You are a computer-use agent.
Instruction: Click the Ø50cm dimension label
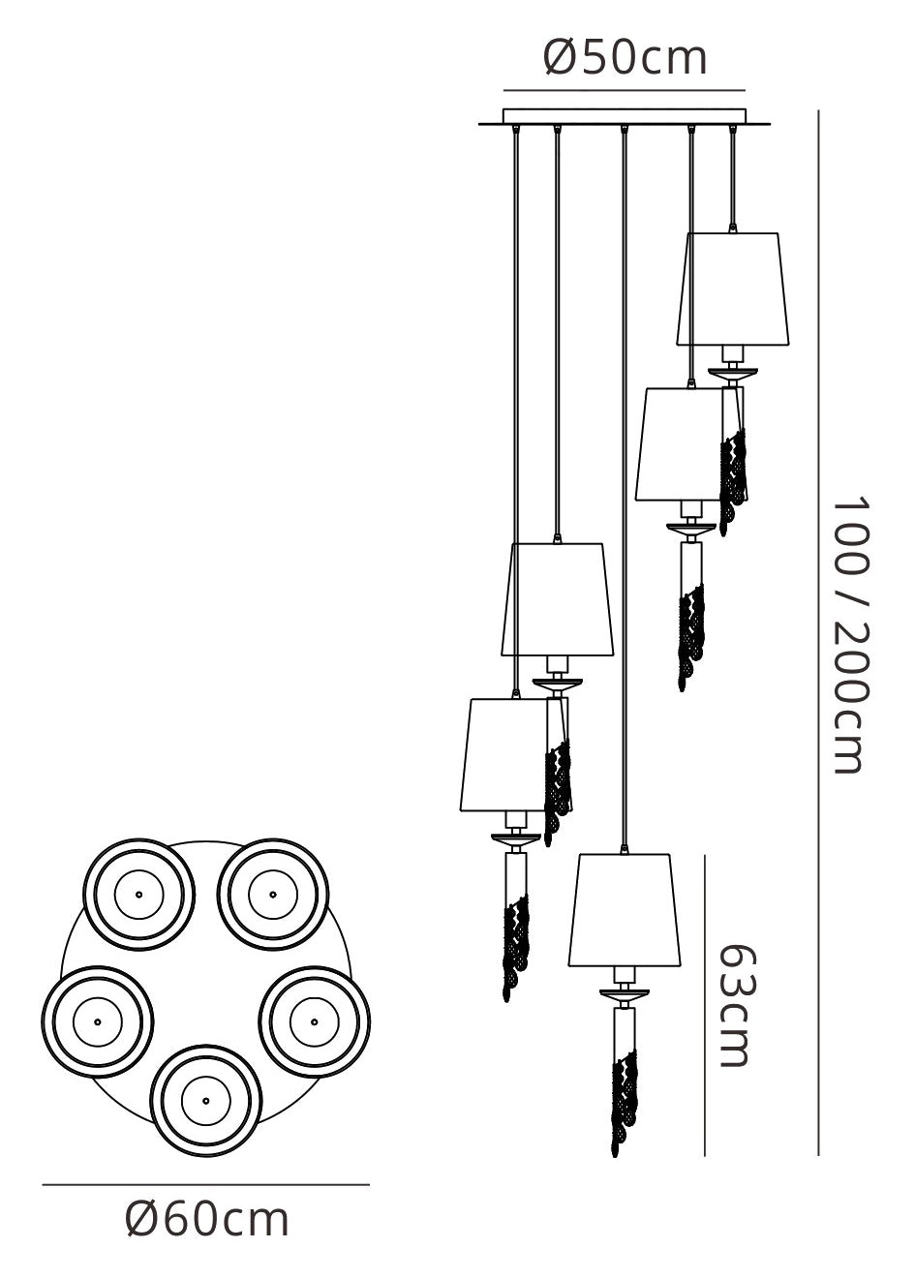pos(625,58)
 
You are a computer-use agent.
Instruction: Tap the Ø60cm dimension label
pos(207,1219)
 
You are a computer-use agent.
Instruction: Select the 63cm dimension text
pos(733,1004)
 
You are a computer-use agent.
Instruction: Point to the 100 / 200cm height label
pos(847,635)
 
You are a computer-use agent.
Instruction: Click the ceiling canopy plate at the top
pos(625,117)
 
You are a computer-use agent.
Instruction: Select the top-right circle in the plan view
pos(272,893)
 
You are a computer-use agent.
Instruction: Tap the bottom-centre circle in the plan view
pos(205,1098)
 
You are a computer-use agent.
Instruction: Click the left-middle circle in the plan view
pos(97,1020)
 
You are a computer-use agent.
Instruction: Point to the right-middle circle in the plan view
pos(314,1018)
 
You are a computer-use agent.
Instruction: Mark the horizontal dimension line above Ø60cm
pos(205,1184)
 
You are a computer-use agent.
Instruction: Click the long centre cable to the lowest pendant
pos(625,484)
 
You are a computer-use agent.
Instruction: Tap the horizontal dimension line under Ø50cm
pos(625,90)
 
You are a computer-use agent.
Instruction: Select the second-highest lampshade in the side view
pos(683,443)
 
